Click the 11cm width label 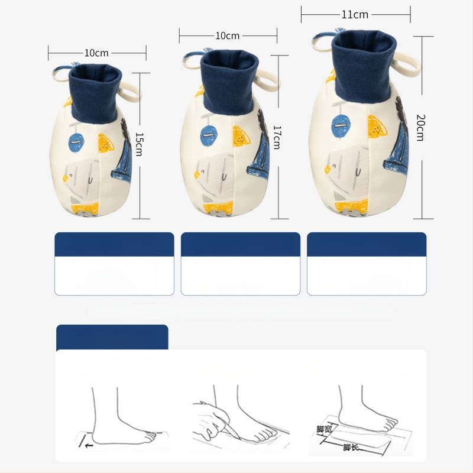coord(355,14)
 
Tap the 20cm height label coord(420,128)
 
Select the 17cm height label coord(277,138)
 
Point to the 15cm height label coord(139,144)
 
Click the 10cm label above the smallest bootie coord(96,53)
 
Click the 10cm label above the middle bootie coord(227,36)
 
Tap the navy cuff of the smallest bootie coord(95,93)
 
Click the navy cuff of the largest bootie coord(364,66)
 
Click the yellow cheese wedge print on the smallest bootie coord(106,143)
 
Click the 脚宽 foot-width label coord(324,429)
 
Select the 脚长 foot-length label coord(351,447)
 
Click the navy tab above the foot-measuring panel coord(112,337)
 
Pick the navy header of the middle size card coord(241,244)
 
